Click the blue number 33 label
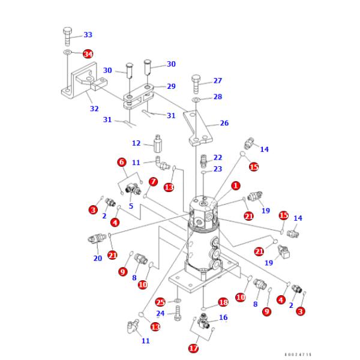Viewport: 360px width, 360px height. click(88, 35)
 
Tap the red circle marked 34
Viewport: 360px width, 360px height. click(88, 54)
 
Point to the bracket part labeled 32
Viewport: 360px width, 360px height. click(75, 84)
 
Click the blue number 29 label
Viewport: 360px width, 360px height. click(171, 86)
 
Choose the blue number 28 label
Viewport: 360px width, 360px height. click(217, 97)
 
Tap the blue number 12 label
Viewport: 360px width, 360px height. click(136, 143)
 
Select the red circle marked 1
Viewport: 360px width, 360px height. click(236, 186)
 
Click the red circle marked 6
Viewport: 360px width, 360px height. click(121, 162)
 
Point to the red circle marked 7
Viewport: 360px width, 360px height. click(153, 181)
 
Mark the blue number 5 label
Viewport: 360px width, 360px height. click(130, 206)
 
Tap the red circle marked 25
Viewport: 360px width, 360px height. click(160, 302)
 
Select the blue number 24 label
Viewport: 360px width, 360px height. click(160, 313)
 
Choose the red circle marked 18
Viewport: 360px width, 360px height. click(223, 302)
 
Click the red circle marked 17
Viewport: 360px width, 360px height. click(193, 347)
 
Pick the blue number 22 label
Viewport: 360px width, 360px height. click(217, 157)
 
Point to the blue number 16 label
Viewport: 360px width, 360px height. click(223, 317)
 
